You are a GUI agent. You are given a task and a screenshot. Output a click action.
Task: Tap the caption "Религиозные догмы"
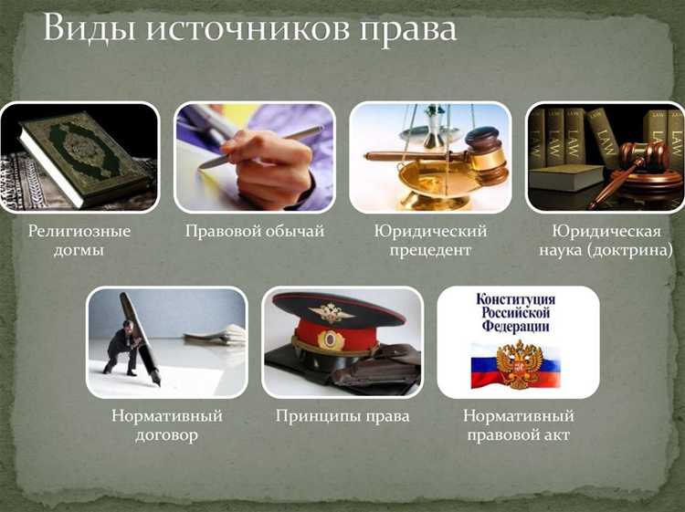(79, 240)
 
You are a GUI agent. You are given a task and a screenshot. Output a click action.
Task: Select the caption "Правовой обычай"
(255, 232)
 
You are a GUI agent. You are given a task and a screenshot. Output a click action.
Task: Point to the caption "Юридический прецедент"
(430, 240)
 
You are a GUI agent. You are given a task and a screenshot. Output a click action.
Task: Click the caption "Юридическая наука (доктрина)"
(606, 240)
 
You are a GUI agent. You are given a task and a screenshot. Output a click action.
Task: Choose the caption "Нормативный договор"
(167, 425)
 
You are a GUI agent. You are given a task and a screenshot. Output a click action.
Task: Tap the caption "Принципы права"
(342, 417)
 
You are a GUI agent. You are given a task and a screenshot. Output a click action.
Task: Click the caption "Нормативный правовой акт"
(518, 425)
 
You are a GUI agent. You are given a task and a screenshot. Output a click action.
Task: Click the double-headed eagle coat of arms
(519, 364)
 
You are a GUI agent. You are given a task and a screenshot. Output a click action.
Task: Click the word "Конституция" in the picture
(516, 299)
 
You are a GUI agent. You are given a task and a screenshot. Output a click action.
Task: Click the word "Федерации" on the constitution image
(516, 326)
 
